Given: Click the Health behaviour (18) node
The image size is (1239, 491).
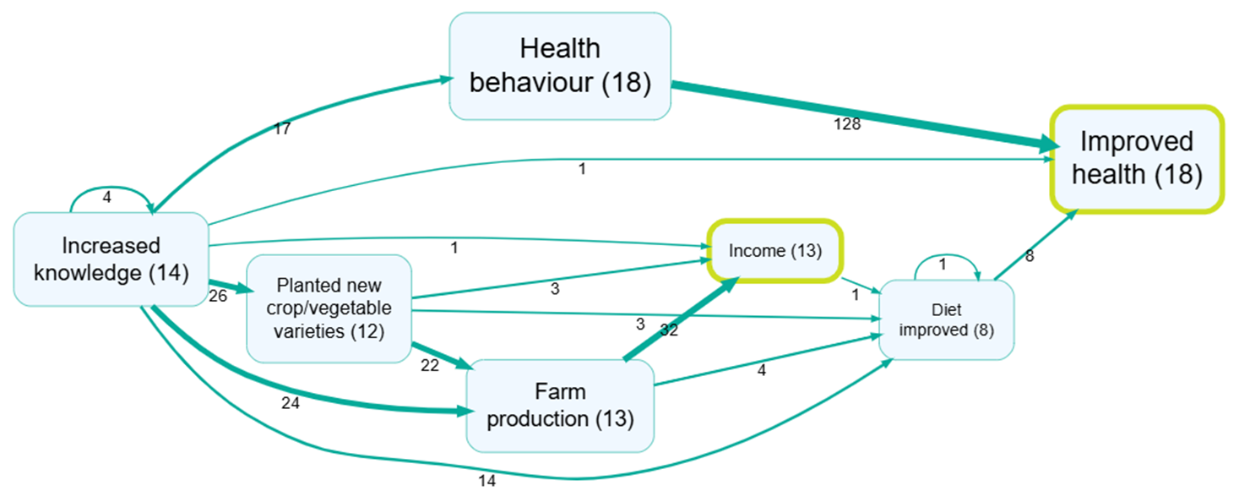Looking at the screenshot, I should click(560, 65).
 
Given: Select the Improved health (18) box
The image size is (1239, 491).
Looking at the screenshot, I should click(1136, 158).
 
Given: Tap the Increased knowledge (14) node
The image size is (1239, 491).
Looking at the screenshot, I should click(111, 259).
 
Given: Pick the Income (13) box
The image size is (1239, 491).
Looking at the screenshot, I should click(774, 250).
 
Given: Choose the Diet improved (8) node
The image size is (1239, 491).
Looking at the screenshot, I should click(946, 320).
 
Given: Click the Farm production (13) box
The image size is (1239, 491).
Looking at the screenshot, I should click(560, 405).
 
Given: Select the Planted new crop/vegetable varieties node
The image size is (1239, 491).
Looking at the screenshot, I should click(329, 308).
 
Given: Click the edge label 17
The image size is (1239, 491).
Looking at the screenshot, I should click(282, 129).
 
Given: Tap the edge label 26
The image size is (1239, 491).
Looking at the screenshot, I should click(217, 297).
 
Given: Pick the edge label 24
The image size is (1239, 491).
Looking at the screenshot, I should click(290, 403).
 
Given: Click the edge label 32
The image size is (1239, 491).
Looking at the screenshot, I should click(669, 331).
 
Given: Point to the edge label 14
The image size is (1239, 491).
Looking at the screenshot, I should click(486, 482).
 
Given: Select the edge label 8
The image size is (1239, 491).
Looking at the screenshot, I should click(1029, 256).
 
